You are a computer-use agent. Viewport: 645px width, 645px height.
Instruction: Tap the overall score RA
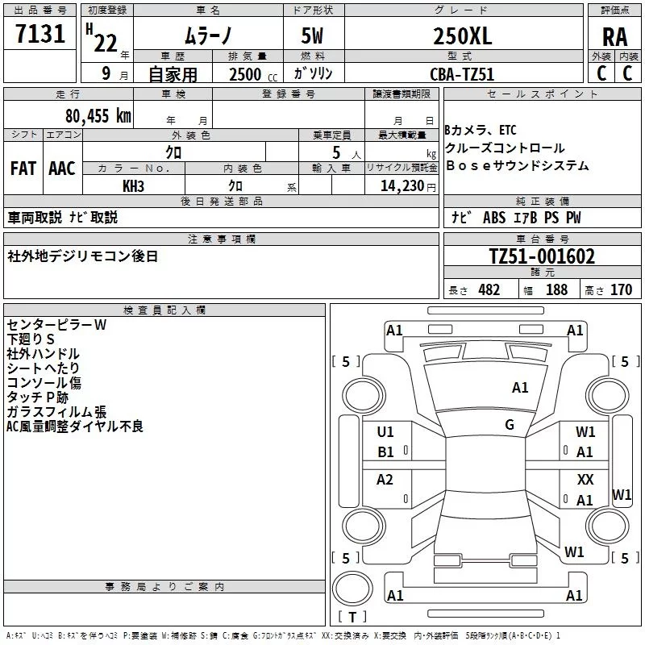point(614,36)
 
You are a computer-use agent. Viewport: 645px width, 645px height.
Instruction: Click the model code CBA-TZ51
point(461,74)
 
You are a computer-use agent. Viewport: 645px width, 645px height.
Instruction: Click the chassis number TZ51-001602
point(542,256)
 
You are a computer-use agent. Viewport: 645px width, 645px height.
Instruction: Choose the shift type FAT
point(23,168)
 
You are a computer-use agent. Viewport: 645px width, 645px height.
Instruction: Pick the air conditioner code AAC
point(62,168)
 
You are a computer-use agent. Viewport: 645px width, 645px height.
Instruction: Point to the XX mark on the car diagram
point(585,479)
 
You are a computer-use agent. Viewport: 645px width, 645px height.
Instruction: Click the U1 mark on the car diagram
point(385,431)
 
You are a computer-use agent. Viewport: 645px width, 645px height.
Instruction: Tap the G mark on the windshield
point(510,424)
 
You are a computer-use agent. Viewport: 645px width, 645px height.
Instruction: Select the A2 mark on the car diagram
point(385,480)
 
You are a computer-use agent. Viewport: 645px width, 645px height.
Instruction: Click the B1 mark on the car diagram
point(385,452)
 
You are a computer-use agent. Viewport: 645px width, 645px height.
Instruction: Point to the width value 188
point(556,290)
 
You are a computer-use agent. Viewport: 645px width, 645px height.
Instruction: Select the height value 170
point(621,290)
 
